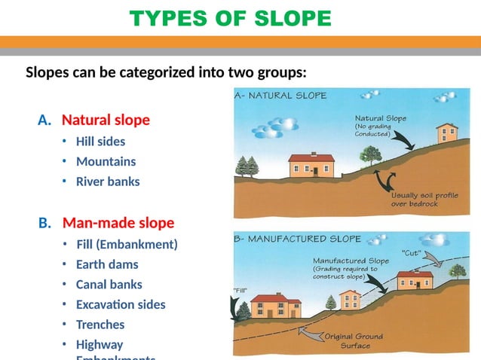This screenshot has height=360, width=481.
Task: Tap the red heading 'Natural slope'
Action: tap(106, 121)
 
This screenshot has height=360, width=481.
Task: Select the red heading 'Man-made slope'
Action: tap(118, 223)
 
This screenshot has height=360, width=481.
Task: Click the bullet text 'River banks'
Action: tap(108, 182)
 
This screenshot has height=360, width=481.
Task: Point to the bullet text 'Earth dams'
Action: tap(107, 264)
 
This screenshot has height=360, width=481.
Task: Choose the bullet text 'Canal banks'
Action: tap(109, 285)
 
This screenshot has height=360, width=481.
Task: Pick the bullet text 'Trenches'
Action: tap(100, 325)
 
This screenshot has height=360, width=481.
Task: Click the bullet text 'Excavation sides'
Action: tap(121, 305)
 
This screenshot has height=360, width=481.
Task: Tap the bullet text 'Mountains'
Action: tap(106, 161)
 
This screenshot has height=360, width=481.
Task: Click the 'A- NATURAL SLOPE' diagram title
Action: tap(281, 96)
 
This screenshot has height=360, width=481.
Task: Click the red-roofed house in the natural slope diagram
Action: tap(311, 164)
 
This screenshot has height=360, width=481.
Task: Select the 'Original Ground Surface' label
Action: tap(354, 341)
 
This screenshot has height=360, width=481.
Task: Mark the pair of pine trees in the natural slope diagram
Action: tap(247, 166)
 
